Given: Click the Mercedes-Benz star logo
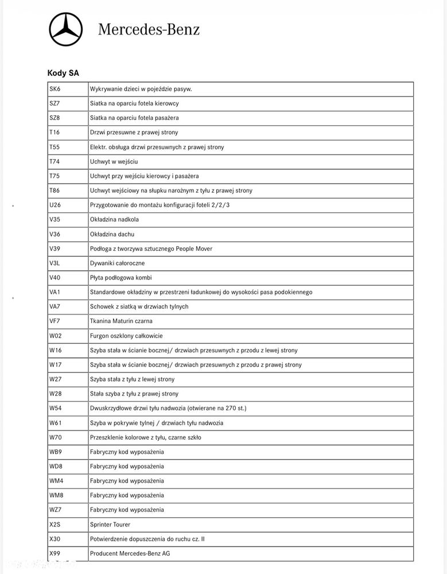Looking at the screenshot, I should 65,29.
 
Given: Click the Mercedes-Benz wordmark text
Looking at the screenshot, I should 149,29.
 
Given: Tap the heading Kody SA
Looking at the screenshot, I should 63,73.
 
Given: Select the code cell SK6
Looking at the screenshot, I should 55,89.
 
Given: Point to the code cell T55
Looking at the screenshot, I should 55,147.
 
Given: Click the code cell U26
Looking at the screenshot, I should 56,205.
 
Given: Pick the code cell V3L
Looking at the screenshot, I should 56,263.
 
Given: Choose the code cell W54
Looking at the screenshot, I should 56,408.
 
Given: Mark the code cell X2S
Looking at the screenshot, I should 56,524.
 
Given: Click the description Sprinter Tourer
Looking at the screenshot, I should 110,524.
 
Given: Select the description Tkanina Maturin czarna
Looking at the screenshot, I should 121,321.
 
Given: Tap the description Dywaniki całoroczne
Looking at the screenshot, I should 117,263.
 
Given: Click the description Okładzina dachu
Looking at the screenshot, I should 112,234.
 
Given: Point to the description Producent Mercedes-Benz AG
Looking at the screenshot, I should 130,553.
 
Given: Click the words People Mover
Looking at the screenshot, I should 193,249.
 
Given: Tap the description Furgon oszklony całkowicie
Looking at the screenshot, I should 126,336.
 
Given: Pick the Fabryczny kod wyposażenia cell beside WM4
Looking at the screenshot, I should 127,480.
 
